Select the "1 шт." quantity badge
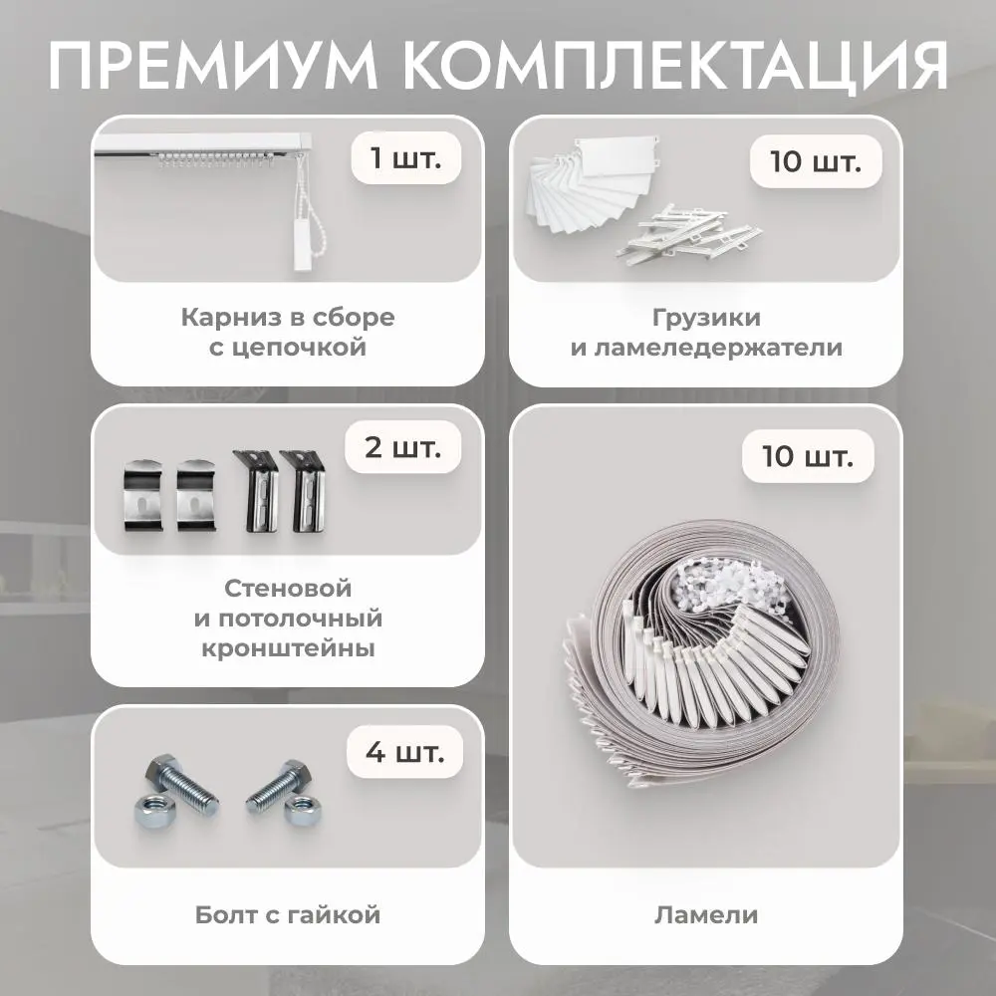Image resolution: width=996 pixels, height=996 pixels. coord(406,157)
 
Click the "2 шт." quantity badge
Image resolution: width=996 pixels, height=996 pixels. coord(402,447)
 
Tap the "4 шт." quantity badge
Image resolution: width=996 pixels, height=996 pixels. coord(404,752)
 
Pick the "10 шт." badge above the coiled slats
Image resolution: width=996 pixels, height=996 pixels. coord(808,456)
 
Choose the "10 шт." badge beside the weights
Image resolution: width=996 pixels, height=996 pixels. coord(816,161)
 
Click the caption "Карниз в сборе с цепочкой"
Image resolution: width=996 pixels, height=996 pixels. coord(288,332)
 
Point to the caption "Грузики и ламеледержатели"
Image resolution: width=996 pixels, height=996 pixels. coord(706,332)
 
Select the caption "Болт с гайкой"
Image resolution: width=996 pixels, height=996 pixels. coord(288,914)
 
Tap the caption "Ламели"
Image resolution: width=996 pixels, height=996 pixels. coord(706,914)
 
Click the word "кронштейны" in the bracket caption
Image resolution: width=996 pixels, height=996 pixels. coord(288,648)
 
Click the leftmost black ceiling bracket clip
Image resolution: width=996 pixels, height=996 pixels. coord(142,495)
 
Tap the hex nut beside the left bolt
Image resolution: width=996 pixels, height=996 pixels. coord(150,811)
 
